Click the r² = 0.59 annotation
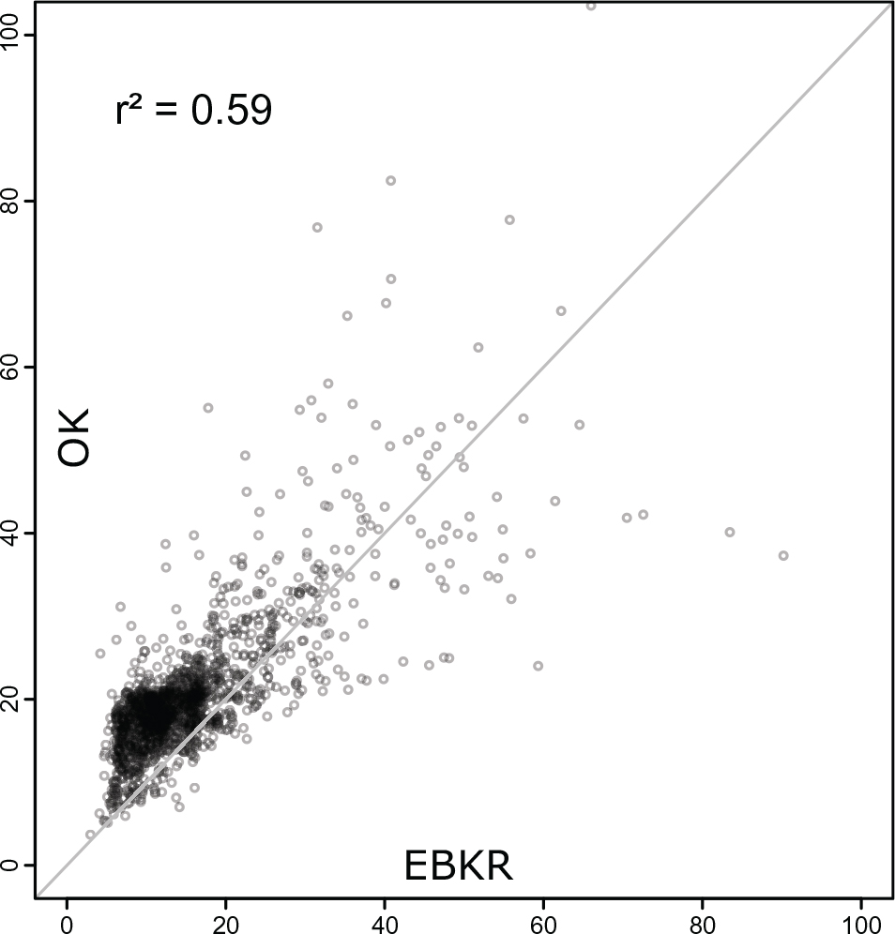point(193,111)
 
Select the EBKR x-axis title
point(458,866)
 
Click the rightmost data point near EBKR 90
point(783,555)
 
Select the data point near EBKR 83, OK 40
point(730,532)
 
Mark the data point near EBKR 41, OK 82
point(391,180)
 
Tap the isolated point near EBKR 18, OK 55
point(208,408)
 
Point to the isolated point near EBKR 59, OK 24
point(538,666)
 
